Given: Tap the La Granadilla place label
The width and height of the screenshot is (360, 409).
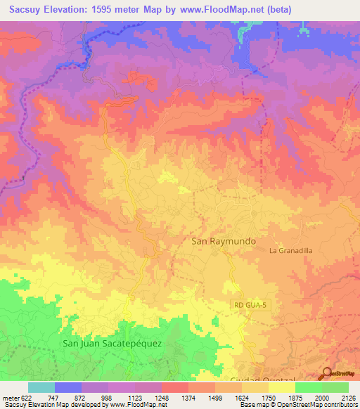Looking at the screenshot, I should (290, 250).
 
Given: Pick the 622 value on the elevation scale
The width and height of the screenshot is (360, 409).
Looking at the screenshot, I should (22, 397).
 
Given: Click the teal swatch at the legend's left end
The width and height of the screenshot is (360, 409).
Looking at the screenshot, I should (41, 387).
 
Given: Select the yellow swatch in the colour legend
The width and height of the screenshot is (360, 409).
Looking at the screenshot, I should (281, 387).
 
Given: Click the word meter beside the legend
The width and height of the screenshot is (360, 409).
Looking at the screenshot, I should (8, 397).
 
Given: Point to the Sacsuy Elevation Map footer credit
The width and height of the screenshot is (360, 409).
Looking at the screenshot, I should (64, 405).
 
